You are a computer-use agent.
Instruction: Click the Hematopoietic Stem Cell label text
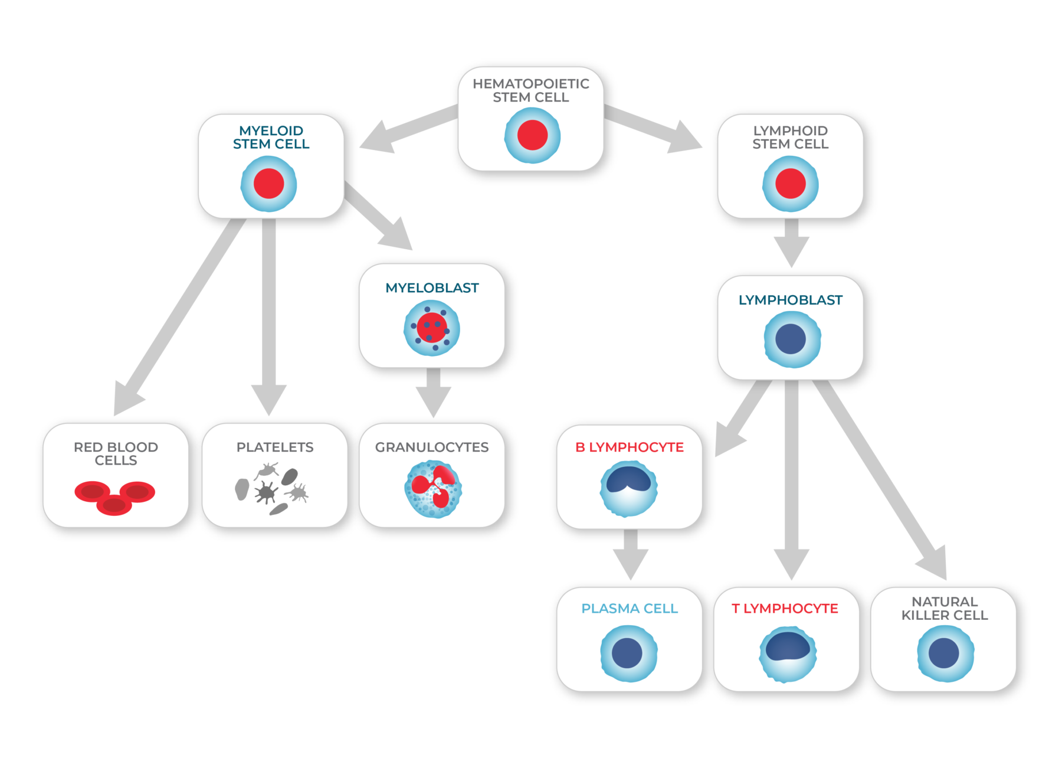click(530, 90)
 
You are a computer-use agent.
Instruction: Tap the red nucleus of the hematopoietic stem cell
click(532, 135)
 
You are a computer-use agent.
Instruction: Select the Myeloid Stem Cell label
click(271, 137)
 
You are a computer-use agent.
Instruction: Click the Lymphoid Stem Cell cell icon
click(790, 184)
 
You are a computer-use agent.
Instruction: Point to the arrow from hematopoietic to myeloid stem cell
click(407, 128)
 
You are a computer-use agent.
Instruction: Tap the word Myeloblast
click(432, 288)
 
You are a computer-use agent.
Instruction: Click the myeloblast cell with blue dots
click(432, 329)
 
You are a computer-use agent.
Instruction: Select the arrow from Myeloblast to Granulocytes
click(433, 393)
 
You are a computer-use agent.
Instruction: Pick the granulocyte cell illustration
click(433, 489)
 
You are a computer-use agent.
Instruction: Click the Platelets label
click(275, 447)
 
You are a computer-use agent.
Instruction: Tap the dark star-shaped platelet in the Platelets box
click(266, 492)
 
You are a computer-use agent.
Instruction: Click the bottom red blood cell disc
click(114, 505)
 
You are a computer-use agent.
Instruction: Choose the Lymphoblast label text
click(790, 300)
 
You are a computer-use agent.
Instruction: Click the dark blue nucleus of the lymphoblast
click(791, 339)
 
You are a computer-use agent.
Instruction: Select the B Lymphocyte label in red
click(629, 447)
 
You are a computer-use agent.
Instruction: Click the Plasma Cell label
click(629, 609)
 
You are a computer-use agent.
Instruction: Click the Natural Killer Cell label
click(944, 609)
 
